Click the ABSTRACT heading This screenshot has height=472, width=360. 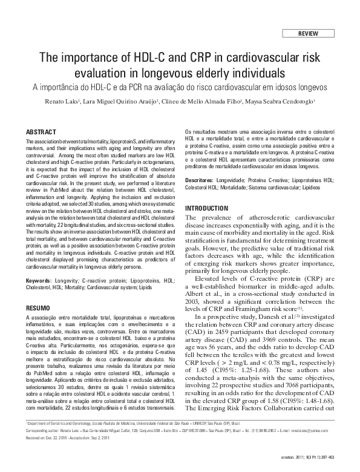click(41, 132)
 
